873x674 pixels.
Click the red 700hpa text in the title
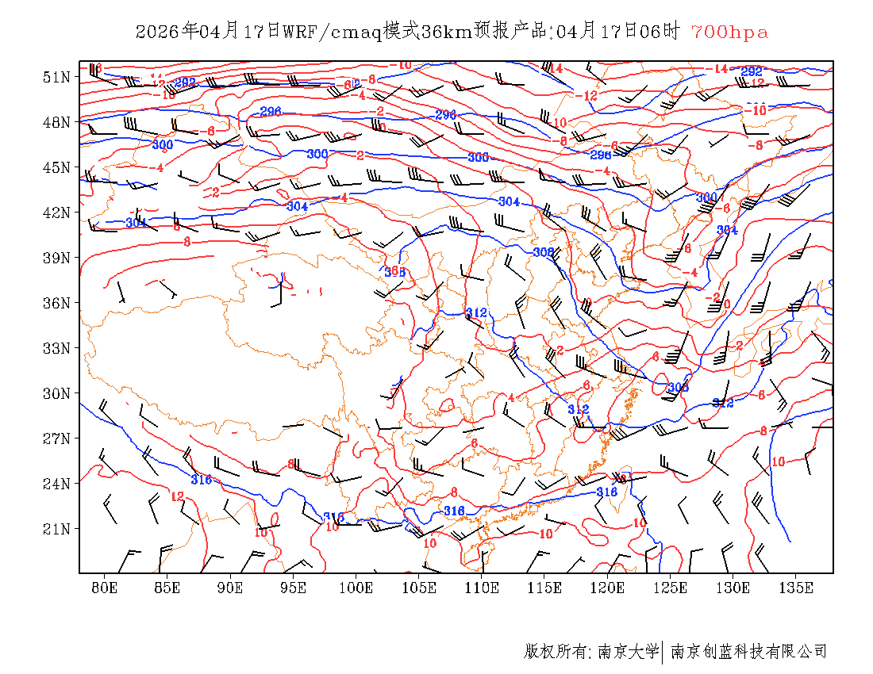coord(729,32)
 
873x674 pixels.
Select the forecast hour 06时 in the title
coord(661,32)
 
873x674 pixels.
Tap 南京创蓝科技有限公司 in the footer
coord(748,651)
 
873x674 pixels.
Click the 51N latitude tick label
coord(56,77)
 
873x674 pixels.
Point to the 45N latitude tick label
coord(56,167)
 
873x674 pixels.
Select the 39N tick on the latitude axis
coord(56,258)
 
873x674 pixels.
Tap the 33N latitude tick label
coord(56,348)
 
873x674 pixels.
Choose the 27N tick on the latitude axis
coord(56,438)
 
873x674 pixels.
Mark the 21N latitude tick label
coord(56,529)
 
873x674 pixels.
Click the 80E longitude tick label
coord(104,588)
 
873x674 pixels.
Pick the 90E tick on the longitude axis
coord(230,588)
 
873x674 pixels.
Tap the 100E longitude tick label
coord(356,588)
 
